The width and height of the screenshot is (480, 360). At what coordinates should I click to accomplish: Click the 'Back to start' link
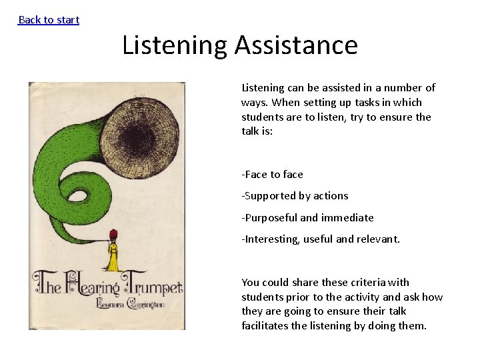49,19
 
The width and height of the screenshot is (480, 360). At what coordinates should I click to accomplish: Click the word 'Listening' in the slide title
175,45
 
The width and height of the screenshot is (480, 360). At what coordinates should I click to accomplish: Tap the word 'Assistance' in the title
296,45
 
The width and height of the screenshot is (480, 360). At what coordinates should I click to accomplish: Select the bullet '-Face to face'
272,174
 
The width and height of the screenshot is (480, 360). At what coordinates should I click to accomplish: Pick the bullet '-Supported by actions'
295,195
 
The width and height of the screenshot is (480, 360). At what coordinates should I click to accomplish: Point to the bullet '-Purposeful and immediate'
307,217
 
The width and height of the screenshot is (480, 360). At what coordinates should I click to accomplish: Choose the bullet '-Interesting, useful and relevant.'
321,239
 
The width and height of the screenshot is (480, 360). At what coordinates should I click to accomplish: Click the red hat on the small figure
112,233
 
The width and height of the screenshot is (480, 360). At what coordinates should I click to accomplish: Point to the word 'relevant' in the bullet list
378,239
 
